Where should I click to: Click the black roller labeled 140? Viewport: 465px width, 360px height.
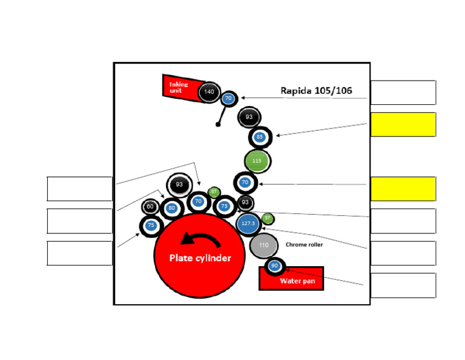(209, 92)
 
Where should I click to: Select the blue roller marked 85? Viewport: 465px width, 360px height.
(260, 137)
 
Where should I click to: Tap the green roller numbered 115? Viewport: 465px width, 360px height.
(257, 161)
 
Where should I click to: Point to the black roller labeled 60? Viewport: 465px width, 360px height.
(150, 207)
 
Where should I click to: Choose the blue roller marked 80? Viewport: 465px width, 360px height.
(171, 208)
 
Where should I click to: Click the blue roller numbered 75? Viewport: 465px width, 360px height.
(151, 225)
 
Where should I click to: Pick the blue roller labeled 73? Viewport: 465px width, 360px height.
(225, 206)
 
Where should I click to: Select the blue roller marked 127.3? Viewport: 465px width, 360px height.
(248, 224)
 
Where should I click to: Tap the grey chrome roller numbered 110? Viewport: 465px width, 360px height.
(263, 245)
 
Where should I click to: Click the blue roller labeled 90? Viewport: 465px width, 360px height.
(274, 266)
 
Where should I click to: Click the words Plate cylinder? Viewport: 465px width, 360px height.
(200, 258)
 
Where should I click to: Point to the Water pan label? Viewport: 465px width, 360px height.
(294, 281)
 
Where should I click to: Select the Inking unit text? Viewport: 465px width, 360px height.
(179, 87)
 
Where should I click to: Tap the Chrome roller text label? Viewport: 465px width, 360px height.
(304, 245)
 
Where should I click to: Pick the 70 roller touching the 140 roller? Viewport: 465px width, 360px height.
(228, 98)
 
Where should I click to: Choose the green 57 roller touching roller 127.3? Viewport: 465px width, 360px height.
(268, 218)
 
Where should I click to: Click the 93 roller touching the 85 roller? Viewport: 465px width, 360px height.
(249, 117)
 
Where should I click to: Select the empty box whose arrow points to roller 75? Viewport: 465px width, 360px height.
(79, 253)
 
